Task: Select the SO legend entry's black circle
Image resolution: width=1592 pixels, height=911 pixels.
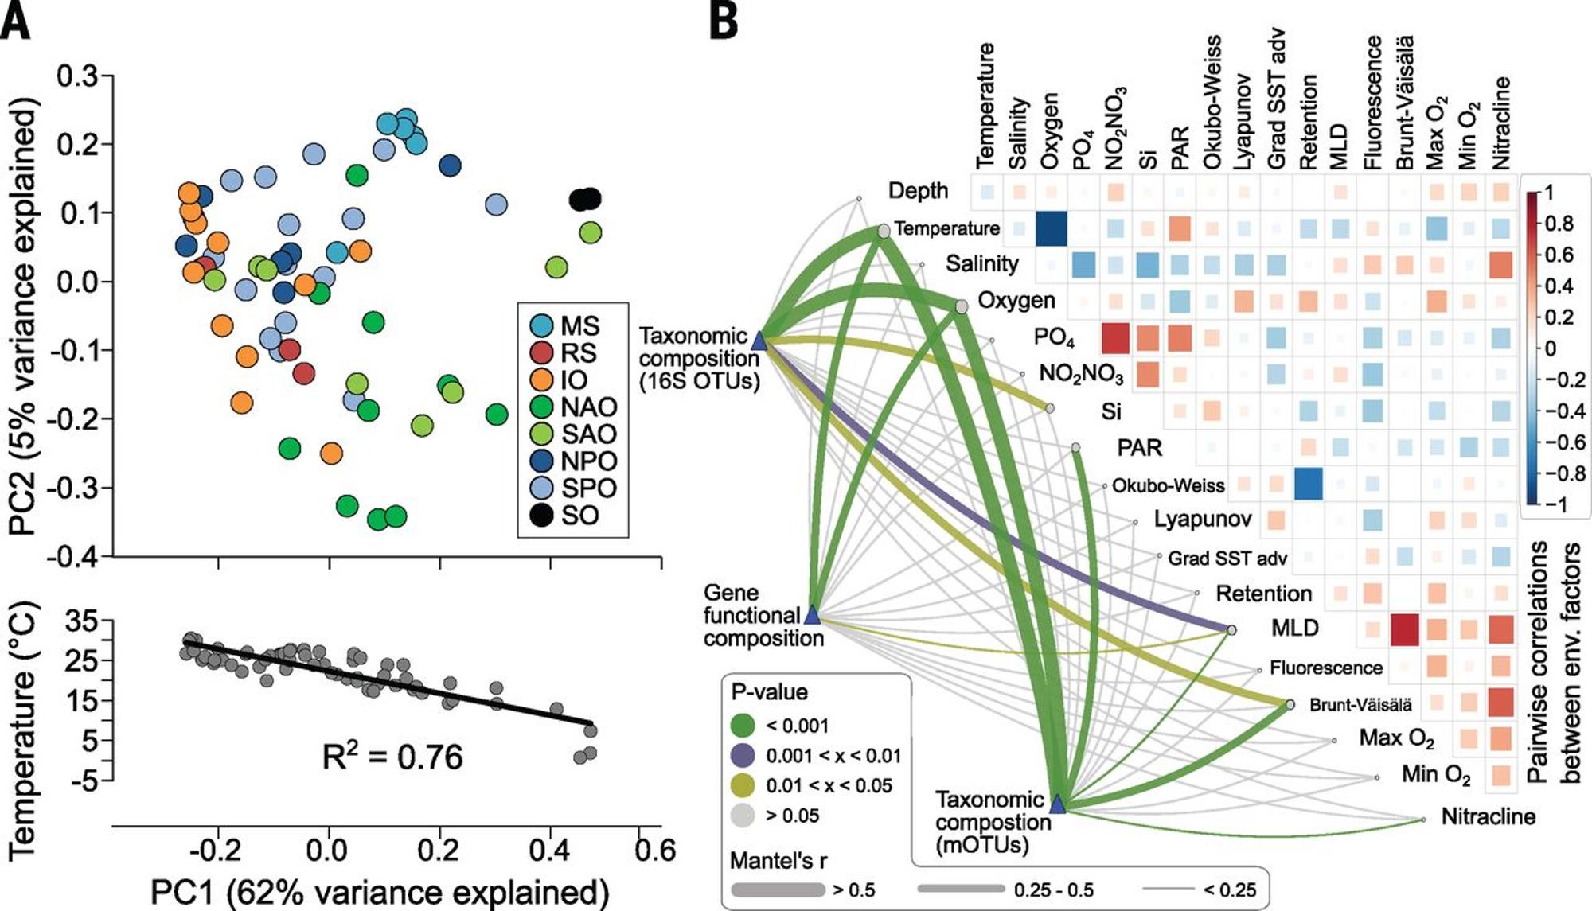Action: coord(541,516)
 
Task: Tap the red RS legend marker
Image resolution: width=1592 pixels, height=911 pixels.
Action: coord(541,352)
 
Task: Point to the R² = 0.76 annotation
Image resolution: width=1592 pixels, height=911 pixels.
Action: coord(392,757)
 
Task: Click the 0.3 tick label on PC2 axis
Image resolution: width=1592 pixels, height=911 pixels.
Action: coord(77,76)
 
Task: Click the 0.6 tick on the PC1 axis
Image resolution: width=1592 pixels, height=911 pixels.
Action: coord(655,851)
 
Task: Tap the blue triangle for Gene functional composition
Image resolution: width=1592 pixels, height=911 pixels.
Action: coord(812,614)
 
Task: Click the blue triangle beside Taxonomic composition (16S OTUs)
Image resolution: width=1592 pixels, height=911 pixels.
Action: coord(759,341)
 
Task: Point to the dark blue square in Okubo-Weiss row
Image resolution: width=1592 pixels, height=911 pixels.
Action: coord(1308,484)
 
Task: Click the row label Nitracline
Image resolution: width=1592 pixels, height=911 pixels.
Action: coord(1488,817)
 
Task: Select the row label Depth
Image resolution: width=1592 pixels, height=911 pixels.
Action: coord(918,191)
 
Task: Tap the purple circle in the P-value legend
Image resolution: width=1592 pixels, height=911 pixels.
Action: coord(743,755)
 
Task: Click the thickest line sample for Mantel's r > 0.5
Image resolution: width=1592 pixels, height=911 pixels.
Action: coord(777,890)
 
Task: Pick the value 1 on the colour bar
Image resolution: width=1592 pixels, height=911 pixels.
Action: coord(1548,193)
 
